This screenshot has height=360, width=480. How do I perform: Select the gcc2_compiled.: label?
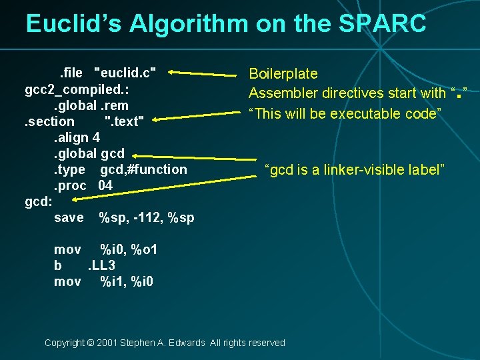coord(77,89)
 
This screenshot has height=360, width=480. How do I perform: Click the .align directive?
coord(71,137)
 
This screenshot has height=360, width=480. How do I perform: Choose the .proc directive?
coord(70,185)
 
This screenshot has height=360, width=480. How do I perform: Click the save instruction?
coord(69,217)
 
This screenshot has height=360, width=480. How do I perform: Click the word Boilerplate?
coord(283,73)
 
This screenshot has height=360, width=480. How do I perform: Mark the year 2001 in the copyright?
coord(108,343)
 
